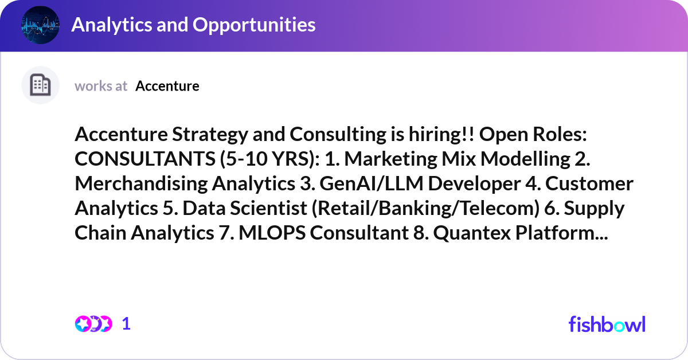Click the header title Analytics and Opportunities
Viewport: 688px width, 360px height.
(x=193, y=25)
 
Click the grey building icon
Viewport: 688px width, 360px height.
(x=41, y=85)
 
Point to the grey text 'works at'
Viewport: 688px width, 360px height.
(x=101, y=86)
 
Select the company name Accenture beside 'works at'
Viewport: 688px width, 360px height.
(x=167, y=86)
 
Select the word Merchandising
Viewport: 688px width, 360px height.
(x=140, y=183)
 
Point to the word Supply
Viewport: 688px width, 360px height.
(x=594, y=208)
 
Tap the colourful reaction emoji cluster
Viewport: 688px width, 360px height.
(x=93, y=324)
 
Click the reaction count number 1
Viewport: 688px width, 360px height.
(x=126, y=324)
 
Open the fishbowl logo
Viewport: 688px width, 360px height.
(x=607, y=324)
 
